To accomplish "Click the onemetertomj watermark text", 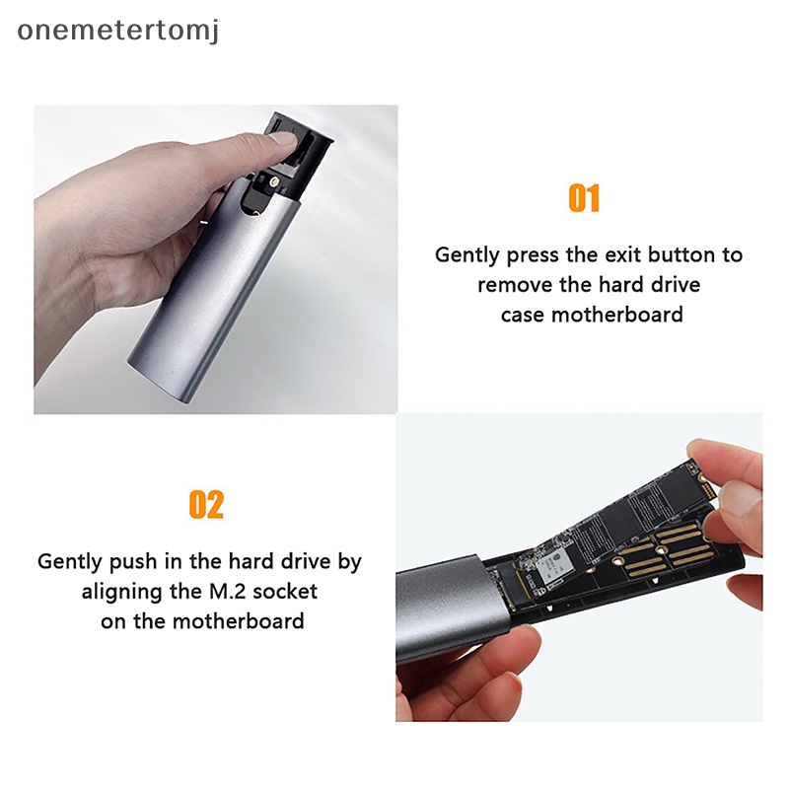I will [x=118, y=31].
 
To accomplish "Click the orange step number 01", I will [x=585, y=198].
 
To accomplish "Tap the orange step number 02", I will [x=206, y=505].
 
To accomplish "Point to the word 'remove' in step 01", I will [x=511, y=285].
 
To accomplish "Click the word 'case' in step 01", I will [x=522, y=315].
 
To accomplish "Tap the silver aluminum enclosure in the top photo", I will [x=197, y=296].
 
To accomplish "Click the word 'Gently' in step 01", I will [x=467, y=254].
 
